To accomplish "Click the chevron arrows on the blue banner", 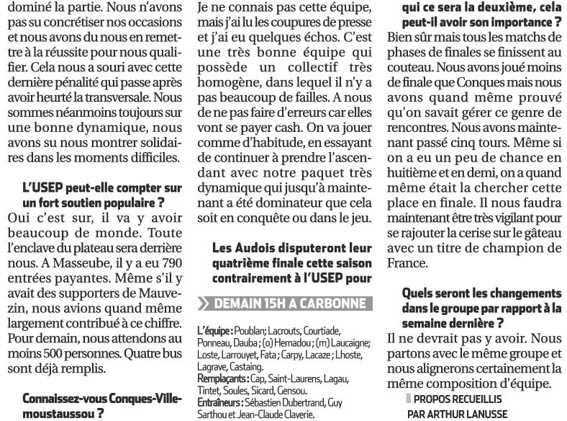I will tap(206, 303).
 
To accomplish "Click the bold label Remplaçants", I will tap(222, 378).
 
